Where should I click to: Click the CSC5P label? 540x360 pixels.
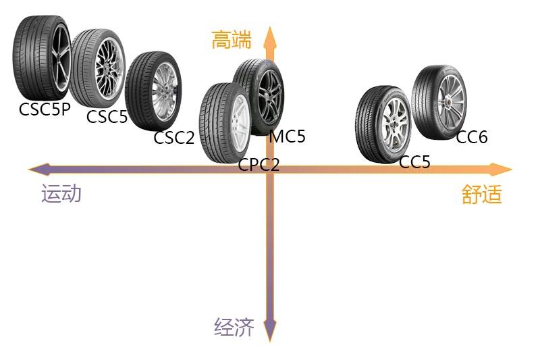(x=45, y=109)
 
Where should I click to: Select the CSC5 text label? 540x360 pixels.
(x=107, y=117)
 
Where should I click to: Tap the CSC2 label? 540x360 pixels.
(x=174, y=138)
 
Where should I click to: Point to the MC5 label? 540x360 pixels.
(x=287, y=136)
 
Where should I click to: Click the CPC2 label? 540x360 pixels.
(x=259, y=164)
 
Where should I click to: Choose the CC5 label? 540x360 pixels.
(x=414, y=162)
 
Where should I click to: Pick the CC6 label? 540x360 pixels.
(x=472, y=138)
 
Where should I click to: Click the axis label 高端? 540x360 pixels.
(x=231, y=41)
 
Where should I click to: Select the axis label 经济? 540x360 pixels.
(x=234, y=328)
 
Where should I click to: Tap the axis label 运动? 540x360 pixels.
(x=61, y=194)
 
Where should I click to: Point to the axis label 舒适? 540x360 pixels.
(x=482, y=195)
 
